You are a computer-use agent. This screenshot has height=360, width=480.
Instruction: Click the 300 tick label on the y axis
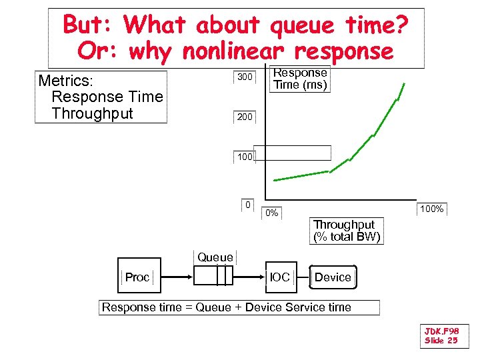coord(245,77)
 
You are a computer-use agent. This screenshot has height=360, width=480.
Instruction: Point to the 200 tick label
coord(245,117)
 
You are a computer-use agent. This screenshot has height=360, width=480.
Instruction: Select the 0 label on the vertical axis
coord(247,205)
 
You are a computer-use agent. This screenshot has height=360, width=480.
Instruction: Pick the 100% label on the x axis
coord(431,209)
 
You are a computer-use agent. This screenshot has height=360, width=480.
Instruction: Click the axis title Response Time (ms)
coord(301,79)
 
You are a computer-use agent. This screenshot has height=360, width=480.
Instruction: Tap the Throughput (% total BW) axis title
coord(347,231)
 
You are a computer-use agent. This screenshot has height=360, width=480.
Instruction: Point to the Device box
coord(333,277)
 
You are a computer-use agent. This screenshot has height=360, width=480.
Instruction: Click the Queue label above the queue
coord(215,257)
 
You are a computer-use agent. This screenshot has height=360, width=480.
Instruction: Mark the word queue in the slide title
coord(299,25)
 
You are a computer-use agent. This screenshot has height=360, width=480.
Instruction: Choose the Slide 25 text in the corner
coord(441,341)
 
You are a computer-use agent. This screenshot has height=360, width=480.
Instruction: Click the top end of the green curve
coord(403,83)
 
